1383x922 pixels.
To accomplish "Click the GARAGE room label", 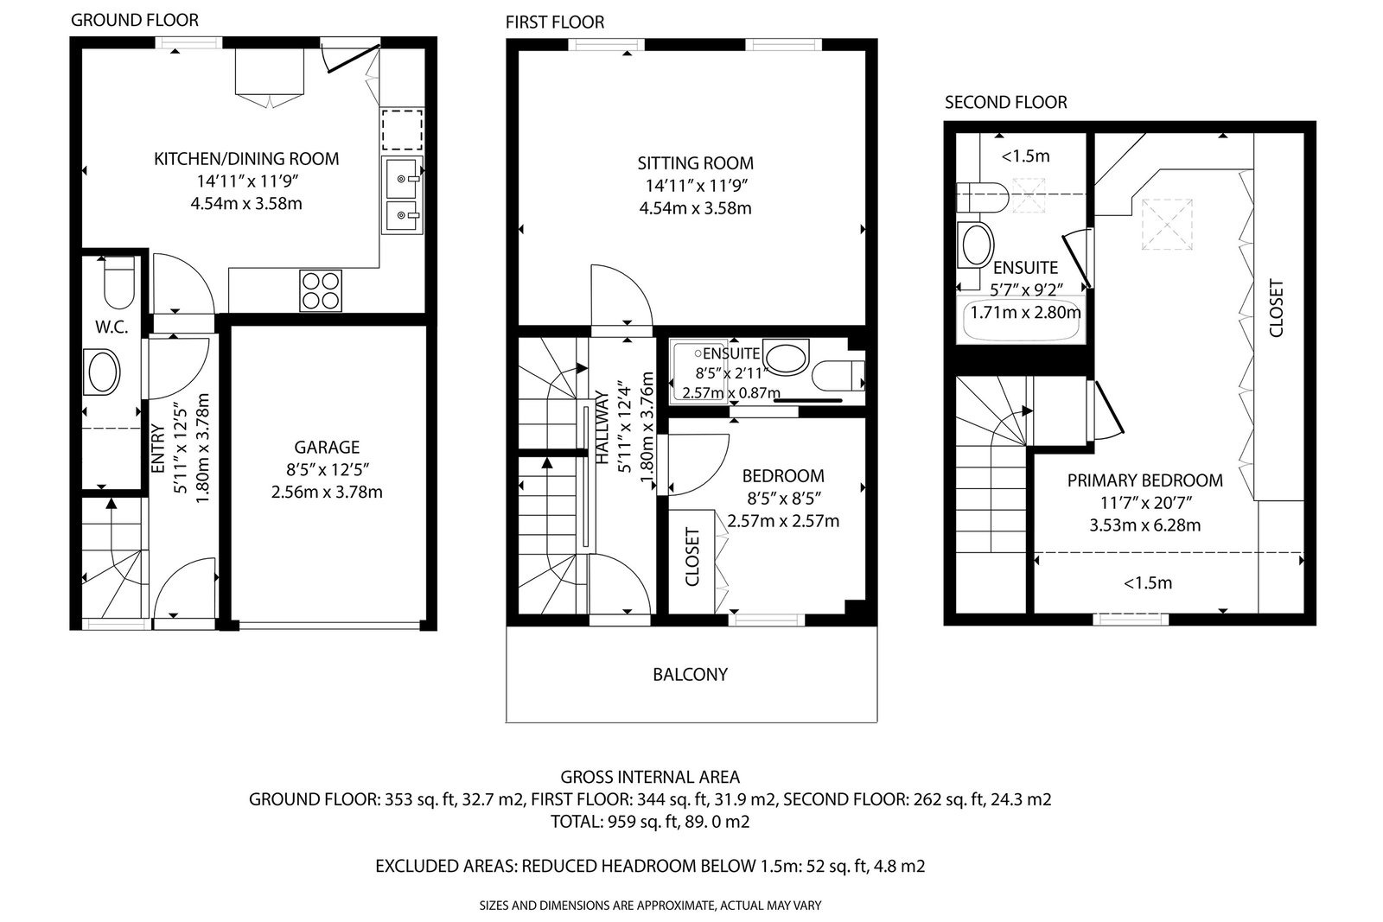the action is click(327, 447).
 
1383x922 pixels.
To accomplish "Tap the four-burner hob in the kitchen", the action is click(321, 290).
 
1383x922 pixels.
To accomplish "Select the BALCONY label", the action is click(691, 674).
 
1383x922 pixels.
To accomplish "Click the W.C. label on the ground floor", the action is click(112, 327).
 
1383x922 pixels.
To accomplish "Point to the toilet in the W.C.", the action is click(118, 283).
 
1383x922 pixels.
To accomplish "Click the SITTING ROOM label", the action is click(695, 163).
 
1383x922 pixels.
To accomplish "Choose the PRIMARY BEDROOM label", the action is click(1144, 480).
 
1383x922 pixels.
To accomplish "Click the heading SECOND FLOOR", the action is click(1006, 102).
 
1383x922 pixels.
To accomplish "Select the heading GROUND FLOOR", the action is click(135, 20).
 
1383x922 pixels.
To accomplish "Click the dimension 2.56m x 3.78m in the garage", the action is click(327, 492).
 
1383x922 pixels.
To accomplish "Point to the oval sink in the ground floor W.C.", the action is click(103, 372).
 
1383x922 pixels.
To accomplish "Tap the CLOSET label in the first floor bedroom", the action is click(692, 556).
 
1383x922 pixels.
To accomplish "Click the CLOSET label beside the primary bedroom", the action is click(1276, 308).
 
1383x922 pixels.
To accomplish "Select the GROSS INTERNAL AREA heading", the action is click(649, 776).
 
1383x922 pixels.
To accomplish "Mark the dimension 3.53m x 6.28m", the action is click(1144, 525).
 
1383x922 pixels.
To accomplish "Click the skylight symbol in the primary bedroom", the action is click(1167, 224).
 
